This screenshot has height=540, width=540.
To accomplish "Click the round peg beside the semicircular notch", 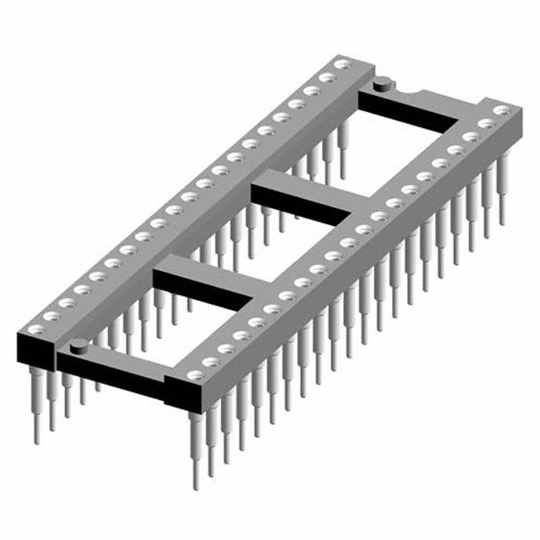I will tap(381, 83).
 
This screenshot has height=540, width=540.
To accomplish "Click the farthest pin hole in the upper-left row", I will tap(343, 64).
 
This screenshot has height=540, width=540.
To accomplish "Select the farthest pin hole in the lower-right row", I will tap(504, 111).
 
